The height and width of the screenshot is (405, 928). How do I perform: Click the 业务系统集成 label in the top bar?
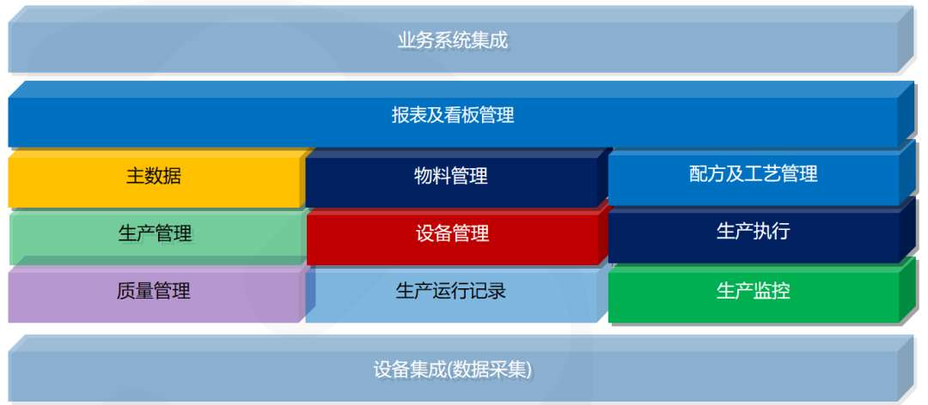pyautogui.click(x=453, y=41)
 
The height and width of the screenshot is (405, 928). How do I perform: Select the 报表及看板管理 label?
pyautogui.click(x=453, y=115)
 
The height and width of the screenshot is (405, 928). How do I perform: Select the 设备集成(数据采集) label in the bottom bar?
pyautogui.click(x=453, y=370)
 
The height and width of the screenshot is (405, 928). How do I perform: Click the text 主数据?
pyautogui.click(x=154, y=176)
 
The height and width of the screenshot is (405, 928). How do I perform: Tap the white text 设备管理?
pyautogui.click(x=452, y=233)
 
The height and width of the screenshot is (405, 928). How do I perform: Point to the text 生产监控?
pyautogui.click(x=754, y=290)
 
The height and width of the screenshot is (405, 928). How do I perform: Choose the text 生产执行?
pyautogui.click(x=754, y=231)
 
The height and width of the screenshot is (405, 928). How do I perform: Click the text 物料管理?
pyautogui.click(x=451, y=176)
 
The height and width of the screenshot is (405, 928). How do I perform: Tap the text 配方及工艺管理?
pyautogui.click(x=754, y=174)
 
